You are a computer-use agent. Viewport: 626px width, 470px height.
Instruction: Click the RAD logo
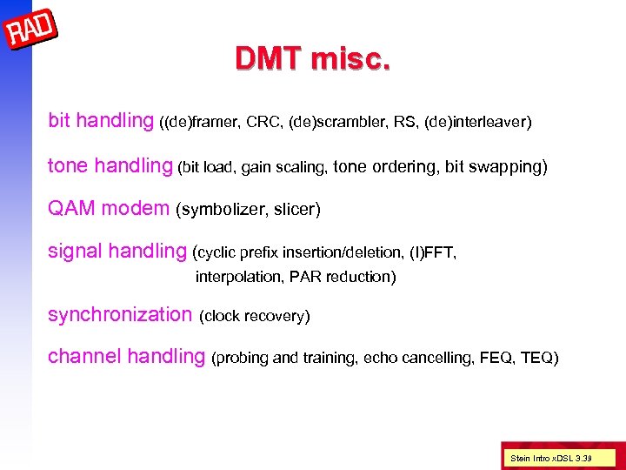tap(31, 33)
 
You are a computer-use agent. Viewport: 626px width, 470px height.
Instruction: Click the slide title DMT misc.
tap(312, 58)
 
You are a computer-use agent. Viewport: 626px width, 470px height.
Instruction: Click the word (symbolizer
tap(223, 210)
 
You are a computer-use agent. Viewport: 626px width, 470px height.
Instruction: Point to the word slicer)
tap(297, 210)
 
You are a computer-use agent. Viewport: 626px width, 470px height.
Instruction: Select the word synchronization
tap(119, 314)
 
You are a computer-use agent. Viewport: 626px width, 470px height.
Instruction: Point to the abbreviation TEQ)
tap(538, 358)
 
